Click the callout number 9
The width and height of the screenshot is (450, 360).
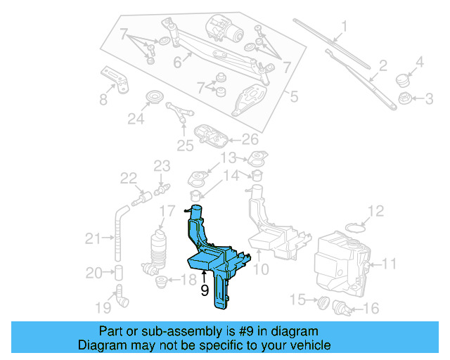point(205,289)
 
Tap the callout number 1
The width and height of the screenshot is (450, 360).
point(344,28)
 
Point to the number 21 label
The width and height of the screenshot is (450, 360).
point(94,239)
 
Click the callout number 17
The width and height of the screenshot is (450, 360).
point(166,211)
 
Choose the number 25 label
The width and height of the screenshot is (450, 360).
point(185,146)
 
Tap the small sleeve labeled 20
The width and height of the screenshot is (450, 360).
point(119,272)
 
